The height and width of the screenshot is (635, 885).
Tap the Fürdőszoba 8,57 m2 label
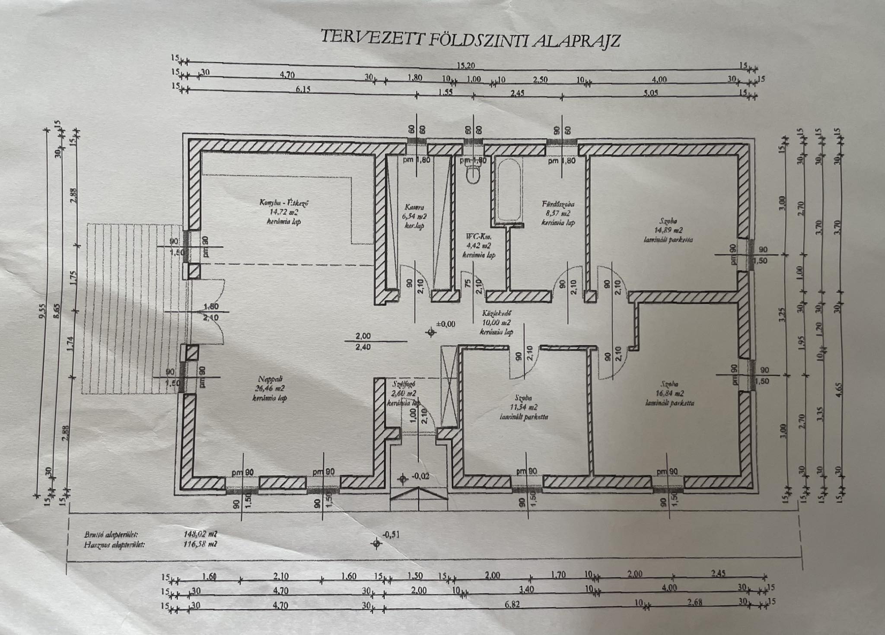coord(558,213)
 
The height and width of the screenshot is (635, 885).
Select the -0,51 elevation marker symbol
coord(377,543)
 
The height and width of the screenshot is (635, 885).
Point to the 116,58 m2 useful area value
coord(200,544)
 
